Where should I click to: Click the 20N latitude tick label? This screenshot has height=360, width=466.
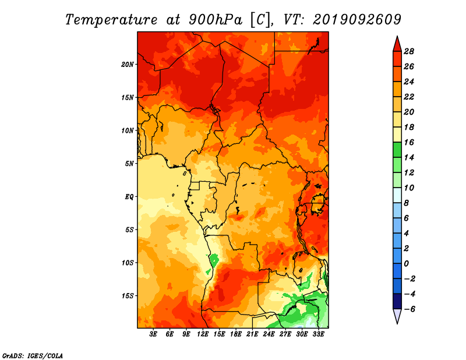click(127, 64)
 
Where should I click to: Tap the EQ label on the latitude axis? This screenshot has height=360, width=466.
click(129, 196)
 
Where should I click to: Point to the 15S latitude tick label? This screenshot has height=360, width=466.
click(128, 296)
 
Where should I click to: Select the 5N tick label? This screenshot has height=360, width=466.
click(129, 164)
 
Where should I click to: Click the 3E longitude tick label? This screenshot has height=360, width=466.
click(153, 334)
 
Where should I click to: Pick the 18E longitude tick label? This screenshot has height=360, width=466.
click(236, 334)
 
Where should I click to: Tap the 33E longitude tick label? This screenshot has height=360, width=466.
click(318, 334)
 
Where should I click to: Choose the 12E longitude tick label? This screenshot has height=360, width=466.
click(203, 334)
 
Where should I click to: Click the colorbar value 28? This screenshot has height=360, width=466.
click(409, 51)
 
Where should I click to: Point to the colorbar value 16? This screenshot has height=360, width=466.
click(409, 142)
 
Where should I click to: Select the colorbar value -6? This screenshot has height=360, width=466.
click(409, 309)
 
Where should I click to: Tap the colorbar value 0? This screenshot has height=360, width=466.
click(406, 264)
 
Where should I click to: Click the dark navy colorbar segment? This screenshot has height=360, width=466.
click(397, 301)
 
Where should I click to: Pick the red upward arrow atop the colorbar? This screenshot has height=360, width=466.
click(397, 45)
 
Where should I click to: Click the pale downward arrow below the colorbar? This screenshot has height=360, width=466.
click(397, 316)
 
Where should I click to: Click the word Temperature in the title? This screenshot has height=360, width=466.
click(111, 20)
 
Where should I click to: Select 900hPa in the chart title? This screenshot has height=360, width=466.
click(216, 20)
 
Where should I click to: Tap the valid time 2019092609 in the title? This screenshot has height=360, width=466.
click(357, 20)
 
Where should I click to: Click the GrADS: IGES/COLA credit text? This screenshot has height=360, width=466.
click(33, 356)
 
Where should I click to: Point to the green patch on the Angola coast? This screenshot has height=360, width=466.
click(214, 260)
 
